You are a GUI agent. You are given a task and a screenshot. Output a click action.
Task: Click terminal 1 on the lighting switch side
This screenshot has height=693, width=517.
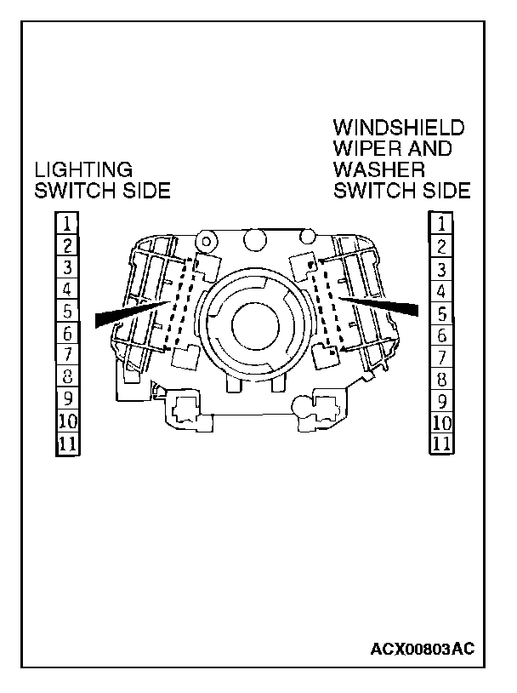click(68, 224)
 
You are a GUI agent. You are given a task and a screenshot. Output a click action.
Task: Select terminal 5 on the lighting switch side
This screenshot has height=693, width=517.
click(68, 311)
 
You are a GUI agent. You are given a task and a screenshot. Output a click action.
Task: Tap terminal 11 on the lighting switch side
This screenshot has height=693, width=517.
click(68, 443)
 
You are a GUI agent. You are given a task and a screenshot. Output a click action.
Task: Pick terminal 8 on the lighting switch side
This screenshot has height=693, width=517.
click(68, 376)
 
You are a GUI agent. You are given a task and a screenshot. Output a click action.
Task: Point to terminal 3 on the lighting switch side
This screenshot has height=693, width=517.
click(68, 267)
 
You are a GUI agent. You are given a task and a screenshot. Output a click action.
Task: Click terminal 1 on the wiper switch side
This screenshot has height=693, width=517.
click(441, 224)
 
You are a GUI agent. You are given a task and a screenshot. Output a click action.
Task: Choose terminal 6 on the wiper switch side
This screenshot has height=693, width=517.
click(441, 334)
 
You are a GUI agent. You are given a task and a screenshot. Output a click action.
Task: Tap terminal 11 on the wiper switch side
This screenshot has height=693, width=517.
click(441, 443)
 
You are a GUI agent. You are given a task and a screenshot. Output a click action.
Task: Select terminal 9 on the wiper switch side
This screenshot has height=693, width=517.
click(441, 399)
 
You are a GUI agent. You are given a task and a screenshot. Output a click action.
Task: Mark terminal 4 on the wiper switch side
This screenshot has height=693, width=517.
click(441, 290)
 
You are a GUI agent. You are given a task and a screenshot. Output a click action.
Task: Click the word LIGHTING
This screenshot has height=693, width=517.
click(83, 169)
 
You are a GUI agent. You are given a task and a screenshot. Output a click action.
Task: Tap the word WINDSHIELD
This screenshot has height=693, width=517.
click(399, 128)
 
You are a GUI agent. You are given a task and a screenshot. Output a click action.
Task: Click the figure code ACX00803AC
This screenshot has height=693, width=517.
click(422, 650)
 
